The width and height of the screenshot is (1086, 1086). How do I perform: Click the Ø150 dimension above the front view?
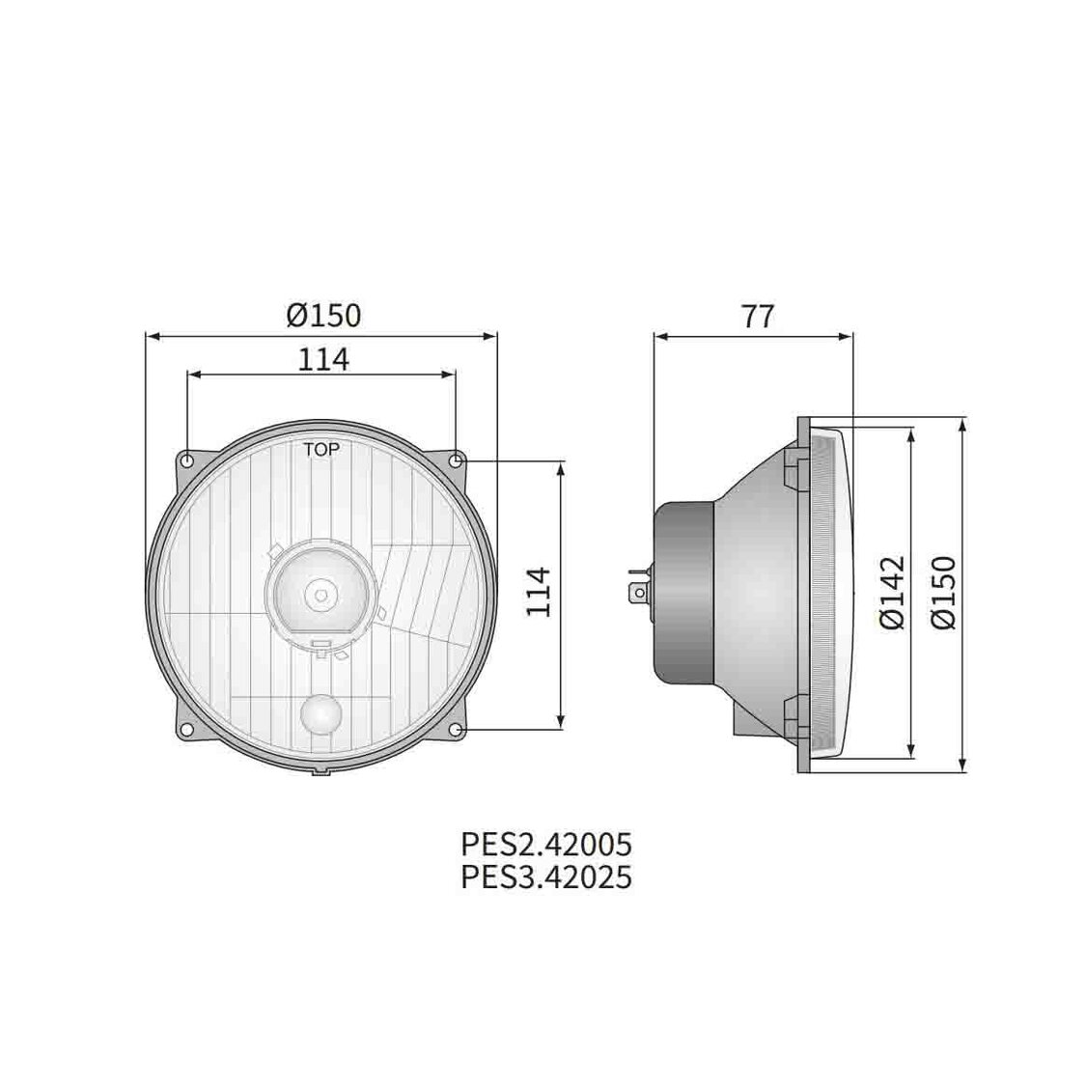[322, 315]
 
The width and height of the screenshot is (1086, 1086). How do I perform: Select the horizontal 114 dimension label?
[321, 358]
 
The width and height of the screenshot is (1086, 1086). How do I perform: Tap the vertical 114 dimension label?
[539, 593]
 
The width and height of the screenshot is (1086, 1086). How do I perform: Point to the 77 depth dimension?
[756, 316]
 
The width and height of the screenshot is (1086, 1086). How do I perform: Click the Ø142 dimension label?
[893, 593]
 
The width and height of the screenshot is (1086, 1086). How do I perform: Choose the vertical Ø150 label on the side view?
[941, 593]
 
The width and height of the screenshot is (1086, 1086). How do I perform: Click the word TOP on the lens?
[321, 449]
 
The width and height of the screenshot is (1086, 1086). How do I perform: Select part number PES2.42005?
[545, 845]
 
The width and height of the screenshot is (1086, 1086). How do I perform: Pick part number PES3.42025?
[545, 877]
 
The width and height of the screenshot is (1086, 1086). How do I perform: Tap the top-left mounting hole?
[187, 459]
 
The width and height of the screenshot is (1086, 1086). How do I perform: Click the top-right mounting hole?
[455, 459]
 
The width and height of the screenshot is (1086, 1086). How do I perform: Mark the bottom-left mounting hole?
[187, 727]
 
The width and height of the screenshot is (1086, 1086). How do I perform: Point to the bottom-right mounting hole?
[455, 727]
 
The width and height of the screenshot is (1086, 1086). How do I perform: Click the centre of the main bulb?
[321, 591]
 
